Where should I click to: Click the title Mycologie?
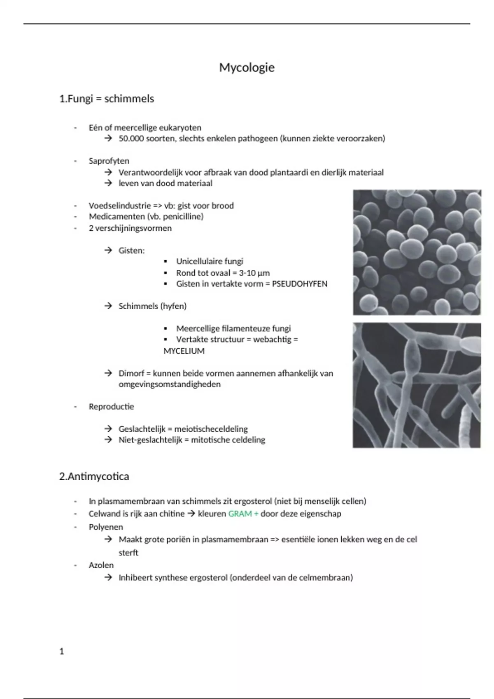tap(247, 67)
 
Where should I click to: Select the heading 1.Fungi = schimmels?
tap(107, 99)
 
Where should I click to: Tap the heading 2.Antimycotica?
tap(94, 477)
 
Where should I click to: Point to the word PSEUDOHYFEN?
tap(300, 284)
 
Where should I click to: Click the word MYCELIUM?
tap(184, 351)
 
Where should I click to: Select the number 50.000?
tap(131, 139)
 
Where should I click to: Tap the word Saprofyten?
tap(109, 161)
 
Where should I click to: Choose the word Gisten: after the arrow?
tap(132, 250)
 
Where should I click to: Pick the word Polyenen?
tap(106, 527)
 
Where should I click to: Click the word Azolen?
tap(101, 565)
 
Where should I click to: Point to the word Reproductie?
tap(111, 406)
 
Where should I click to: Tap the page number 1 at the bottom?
tap(62, 651)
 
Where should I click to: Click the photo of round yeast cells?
tap(417, 252)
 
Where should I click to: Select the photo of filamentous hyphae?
tap(417, 385)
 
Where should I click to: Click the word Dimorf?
tap(131, 373)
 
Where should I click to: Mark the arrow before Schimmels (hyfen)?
tap(108, 306)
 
